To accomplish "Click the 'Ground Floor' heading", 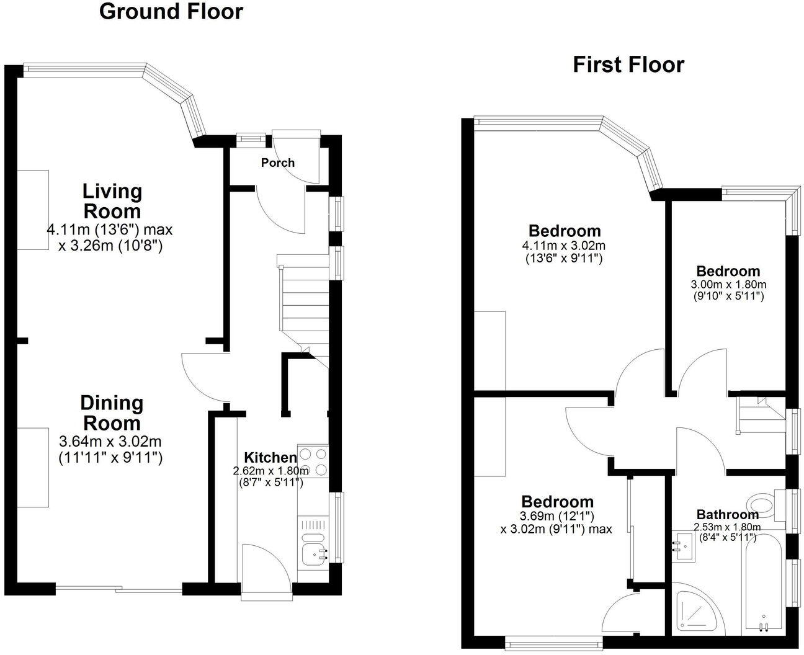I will (x=171, y=12).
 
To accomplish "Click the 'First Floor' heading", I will (x=628, y=65).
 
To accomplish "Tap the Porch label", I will (x=277, y=163).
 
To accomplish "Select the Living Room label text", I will (x=112, y=200).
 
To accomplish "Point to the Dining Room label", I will (x=112, y=413).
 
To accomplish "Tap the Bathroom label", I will (x=727, y=514).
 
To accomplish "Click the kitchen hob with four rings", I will (x=313, y=461).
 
